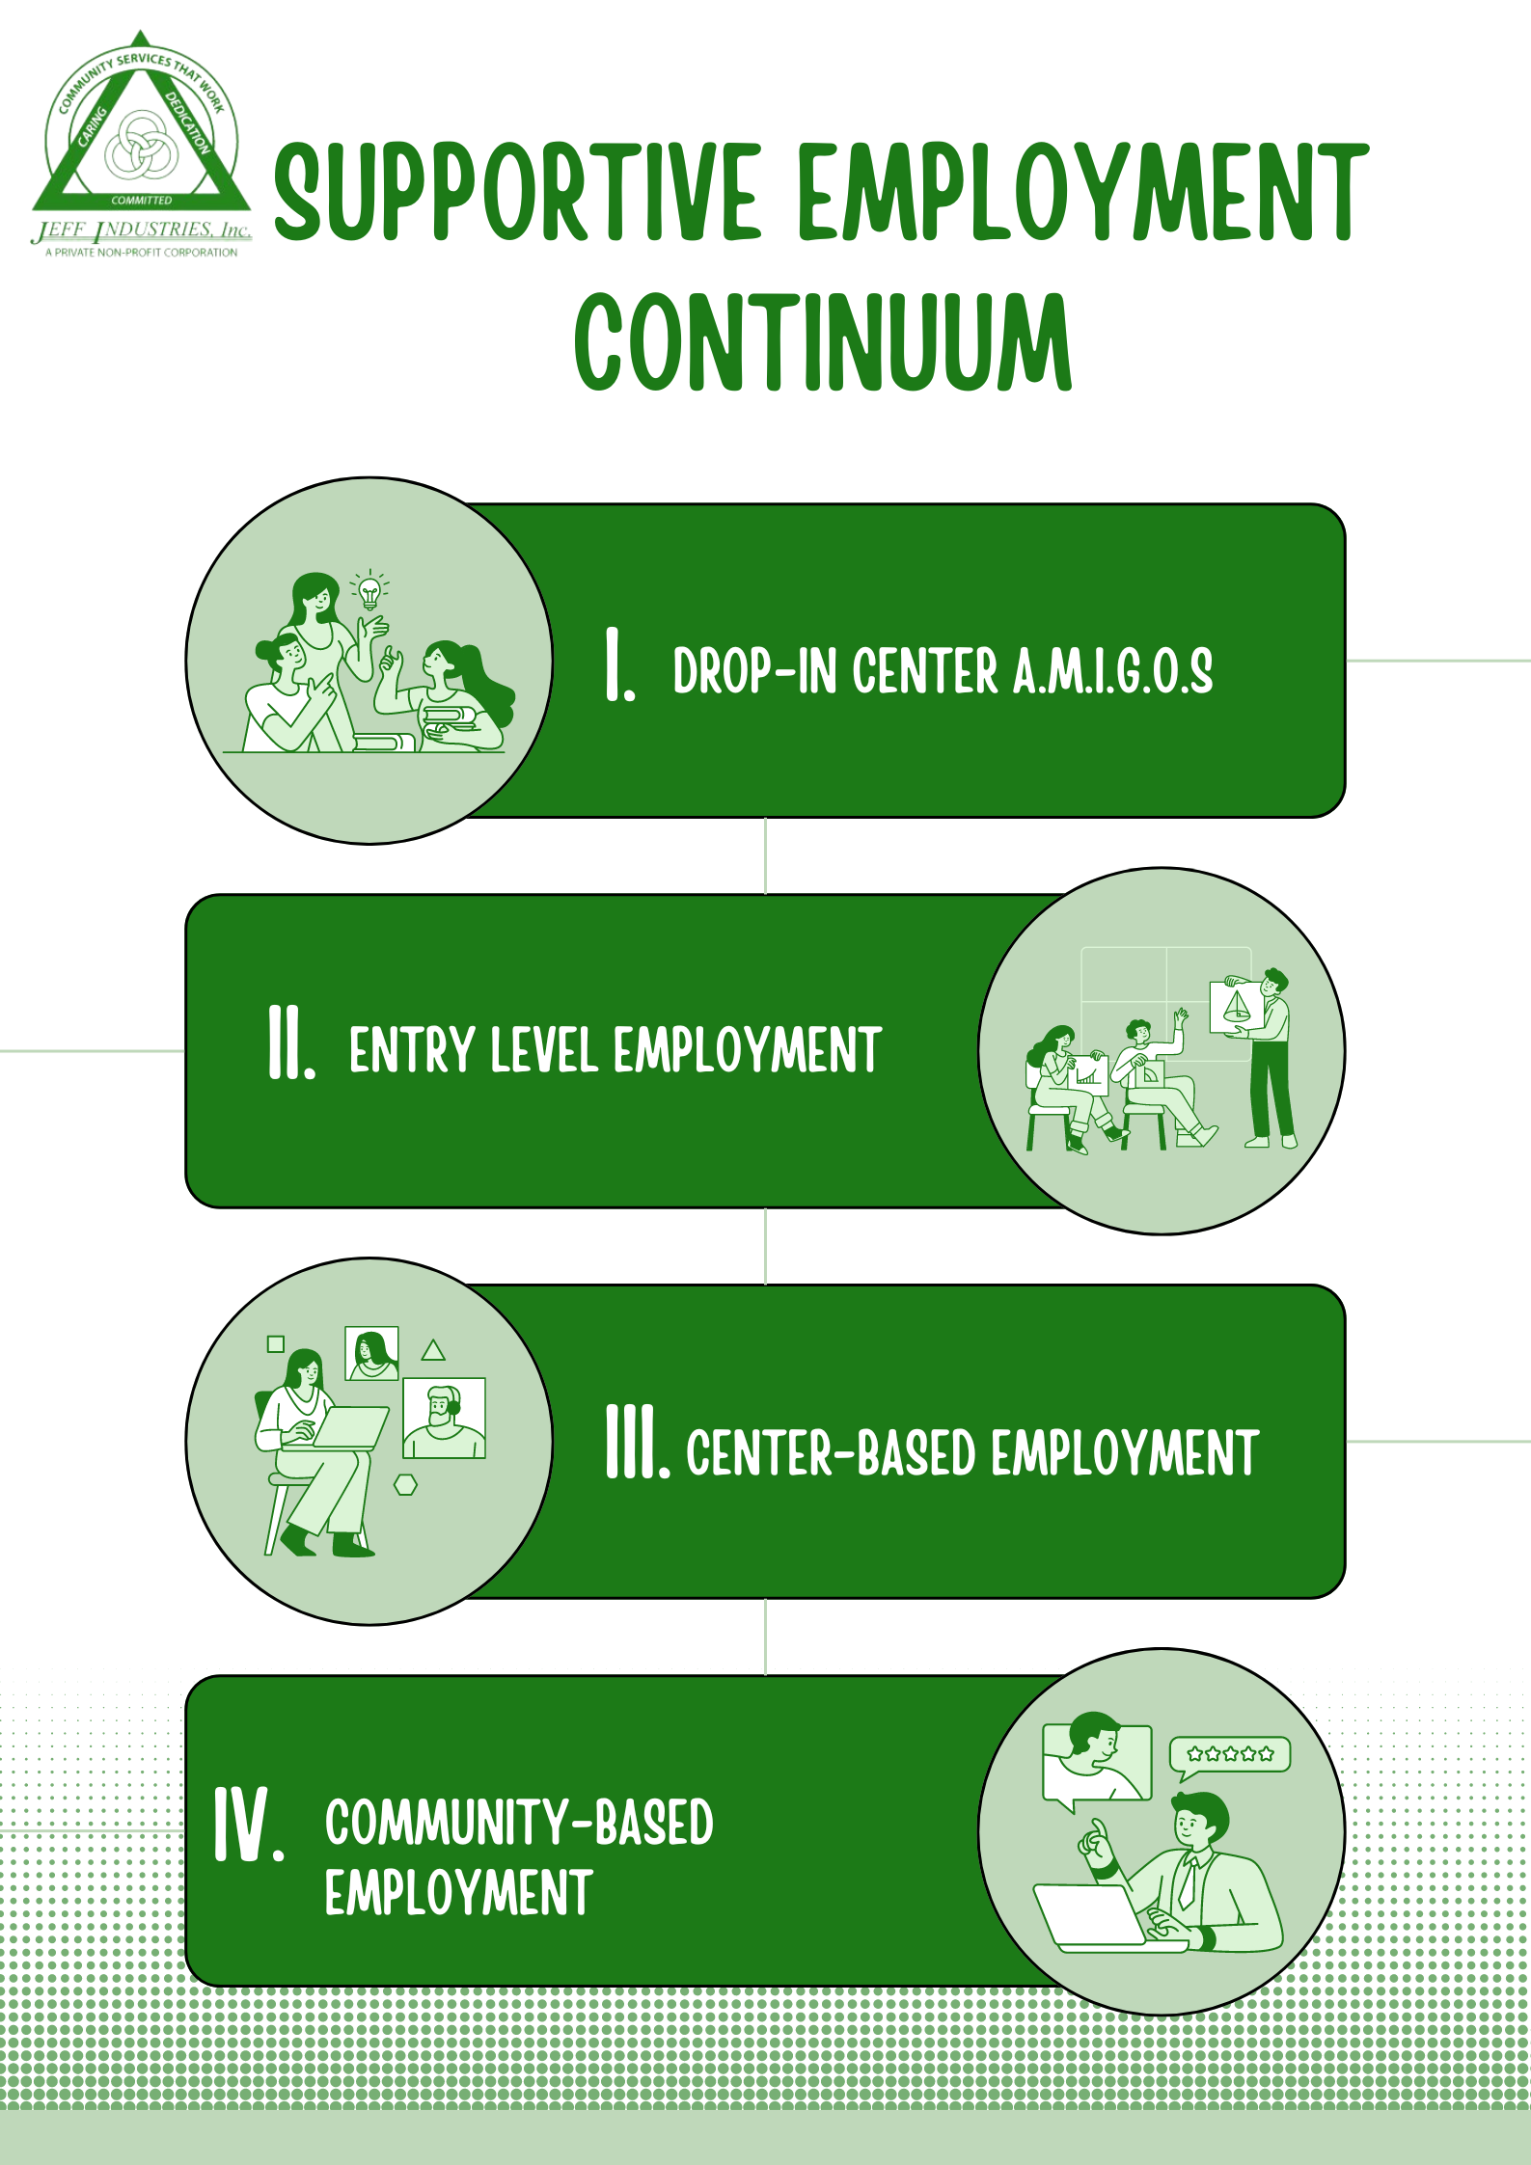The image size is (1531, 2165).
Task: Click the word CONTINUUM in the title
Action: pos(823,342)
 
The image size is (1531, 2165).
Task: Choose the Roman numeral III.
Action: pos(638,1441)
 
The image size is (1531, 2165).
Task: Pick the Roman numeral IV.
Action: pos(249,1823)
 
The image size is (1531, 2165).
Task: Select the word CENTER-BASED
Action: pos(831,1452)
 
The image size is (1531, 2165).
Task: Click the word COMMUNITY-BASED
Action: pos(519,1823)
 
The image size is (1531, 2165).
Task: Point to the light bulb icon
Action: pos(369,590)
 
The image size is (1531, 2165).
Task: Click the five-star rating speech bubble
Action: pos(1229,1758)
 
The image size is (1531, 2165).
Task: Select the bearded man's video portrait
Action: pos(444,1419)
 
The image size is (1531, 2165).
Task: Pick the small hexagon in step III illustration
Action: pos(406,1485)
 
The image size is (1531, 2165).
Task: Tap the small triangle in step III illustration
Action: pos(433,1350)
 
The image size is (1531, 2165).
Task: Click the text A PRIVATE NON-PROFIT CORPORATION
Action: pos(141,253)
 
